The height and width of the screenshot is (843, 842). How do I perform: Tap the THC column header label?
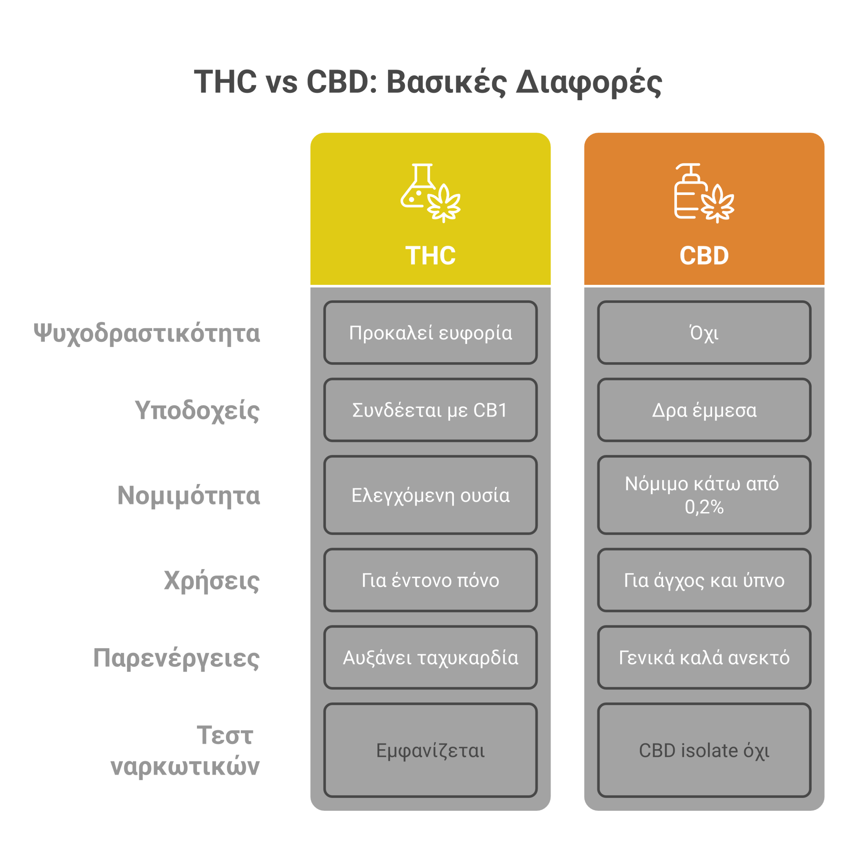[430, 255]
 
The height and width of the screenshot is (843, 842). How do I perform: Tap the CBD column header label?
[704, 255]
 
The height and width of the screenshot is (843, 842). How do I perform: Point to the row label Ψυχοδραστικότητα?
[147, 333]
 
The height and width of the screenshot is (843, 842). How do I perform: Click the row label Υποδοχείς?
[197, 411]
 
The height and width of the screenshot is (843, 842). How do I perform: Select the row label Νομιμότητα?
[188, 496]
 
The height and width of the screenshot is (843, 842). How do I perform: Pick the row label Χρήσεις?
[212, 581]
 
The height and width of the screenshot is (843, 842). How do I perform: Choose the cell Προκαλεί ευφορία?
[430, 333]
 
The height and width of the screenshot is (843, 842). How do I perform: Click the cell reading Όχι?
[704, 333]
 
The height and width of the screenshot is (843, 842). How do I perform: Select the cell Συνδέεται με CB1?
[430, 410]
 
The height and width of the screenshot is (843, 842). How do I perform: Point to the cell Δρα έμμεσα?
[704, 410]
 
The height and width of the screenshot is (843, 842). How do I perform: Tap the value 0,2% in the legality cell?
[704, 507]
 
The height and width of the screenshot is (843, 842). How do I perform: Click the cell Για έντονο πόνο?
[430, 580]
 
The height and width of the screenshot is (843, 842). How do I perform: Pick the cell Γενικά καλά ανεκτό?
[704, 658]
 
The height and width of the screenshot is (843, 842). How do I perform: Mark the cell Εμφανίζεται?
[430, 750]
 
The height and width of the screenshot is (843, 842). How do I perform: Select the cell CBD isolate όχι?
[704, 750]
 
